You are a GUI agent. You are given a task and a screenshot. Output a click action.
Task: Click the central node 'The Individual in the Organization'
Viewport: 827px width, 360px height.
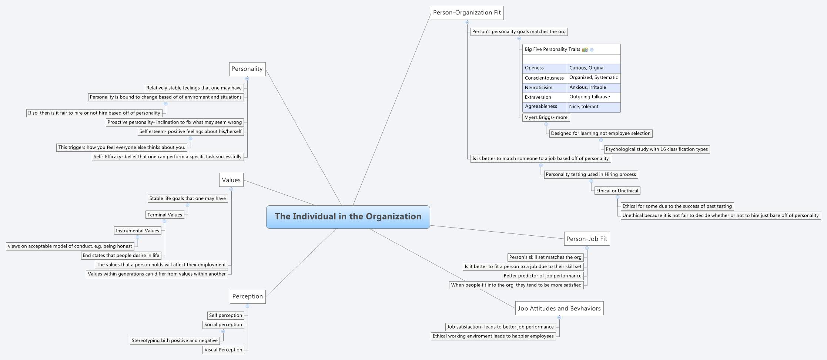348,217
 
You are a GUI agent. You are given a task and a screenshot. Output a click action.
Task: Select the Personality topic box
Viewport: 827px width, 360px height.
247,69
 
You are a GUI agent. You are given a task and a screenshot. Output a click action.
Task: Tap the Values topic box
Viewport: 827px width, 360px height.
231,180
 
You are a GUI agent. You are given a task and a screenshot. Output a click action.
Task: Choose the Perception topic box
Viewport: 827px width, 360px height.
247,296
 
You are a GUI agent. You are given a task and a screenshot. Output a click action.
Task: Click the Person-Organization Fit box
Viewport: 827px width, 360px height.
467,13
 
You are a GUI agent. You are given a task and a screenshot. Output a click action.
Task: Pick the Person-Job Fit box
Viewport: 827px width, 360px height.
586,239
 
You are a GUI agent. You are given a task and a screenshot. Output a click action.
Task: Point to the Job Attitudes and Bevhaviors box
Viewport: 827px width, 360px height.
559,309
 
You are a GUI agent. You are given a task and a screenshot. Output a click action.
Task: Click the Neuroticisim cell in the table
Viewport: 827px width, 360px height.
544,88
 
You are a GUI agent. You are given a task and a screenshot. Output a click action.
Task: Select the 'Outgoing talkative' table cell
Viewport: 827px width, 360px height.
593,97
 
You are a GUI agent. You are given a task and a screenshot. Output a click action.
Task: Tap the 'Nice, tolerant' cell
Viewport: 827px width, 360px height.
593,107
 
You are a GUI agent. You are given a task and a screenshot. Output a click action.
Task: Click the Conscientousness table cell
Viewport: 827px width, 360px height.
544,78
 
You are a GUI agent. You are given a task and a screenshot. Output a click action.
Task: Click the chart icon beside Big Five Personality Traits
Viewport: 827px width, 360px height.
585,50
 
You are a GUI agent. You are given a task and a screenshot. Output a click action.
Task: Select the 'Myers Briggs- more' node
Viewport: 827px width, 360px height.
546,118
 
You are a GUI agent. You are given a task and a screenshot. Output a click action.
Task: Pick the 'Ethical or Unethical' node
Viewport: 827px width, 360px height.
617,191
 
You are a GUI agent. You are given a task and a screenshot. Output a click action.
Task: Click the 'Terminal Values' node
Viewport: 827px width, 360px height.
165,215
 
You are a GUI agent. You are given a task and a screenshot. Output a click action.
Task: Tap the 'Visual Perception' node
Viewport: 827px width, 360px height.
223,350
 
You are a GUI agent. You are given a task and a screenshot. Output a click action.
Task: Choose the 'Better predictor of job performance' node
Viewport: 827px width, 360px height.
542,276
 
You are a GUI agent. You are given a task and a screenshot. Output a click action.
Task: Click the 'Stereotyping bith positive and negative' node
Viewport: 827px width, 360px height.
175,340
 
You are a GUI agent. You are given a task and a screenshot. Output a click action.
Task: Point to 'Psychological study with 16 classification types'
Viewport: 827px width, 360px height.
657,149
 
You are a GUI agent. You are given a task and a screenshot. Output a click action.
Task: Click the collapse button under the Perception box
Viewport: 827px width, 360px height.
247,306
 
